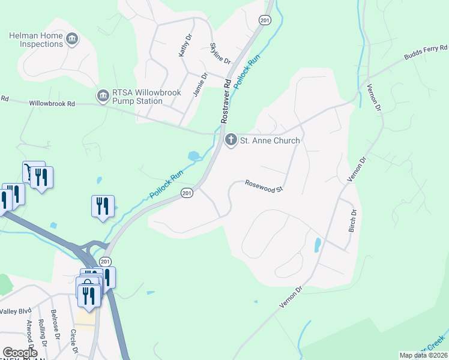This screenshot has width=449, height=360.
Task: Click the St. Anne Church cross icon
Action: pyautogui.click(x=231, y=140)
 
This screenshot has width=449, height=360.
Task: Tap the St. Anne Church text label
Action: pyautogui.click(x=270, y=141)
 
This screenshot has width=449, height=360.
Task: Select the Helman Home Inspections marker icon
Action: pyautogui.click(x=72, y=40)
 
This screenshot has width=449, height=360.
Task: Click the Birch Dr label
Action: pyautogui.click(x=353, y=220)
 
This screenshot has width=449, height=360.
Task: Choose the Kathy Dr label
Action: pyautogui.click(x=185, y=45)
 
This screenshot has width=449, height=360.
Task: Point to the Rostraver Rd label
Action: pyautogui.click(x=226, y=100)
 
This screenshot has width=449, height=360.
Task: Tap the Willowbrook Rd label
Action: pyautogui.click(x=52, y=104)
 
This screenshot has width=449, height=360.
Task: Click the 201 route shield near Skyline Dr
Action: pyautogui.click(x=265, y=20)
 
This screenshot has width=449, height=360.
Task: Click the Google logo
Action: pyautogui.click(x=20, y=353)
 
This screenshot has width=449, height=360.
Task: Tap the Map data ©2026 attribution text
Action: pyautogui.click(x=423, y=355)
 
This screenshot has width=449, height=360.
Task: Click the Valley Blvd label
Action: pyautogui.click(x=16, y=311)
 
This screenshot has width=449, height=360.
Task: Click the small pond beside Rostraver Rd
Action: pyautogui.click(x=194, y=156)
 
